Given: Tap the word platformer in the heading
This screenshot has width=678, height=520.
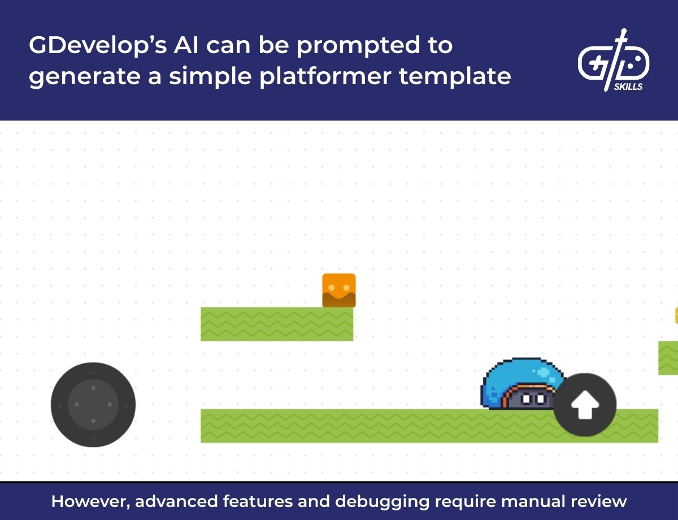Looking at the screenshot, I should [325, 76].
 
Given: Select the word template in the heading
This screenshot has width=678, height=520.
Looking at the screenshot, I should [455, 75].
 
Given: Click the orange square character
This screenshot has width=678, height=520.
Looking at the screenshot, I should [339, 290].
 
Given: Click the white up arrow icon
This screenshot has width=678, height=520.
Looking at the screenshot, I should [585, 405].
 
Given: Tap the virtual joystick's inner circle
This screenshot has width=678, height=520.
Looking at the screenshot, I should [93, 405].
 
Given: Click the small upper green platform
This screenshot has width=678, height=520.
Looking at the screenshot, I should [277, 324].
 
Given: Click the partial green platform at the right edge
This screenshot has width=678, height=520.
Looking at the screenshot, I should [668, 358].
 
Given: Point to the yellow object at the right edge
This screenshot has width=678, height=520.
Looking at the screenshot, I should [676, 315].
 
